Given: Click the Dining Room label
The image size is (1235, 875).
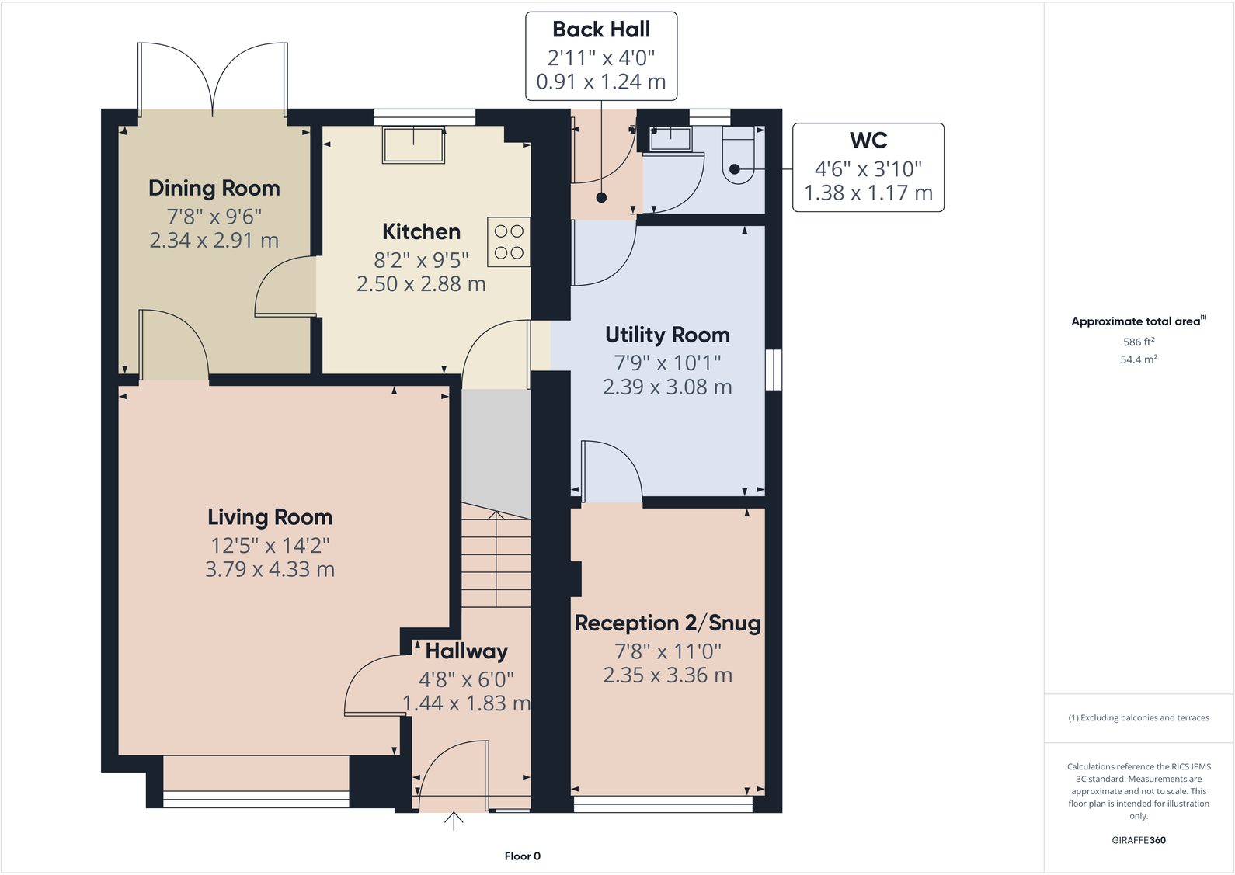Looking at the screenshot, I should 214,189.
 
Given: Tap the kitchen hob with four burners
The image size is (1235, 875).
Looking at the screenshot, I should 509,242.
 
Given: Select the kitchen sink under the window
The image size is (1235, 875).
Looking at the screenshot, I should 413,145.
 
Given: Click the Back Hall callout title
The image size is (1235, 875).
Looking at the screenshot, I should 601,30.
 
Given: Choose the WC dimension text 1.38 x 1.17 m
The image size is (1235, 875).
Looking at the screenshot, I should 868,193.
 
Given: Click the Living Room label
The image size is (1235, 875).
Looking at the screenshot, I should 270,517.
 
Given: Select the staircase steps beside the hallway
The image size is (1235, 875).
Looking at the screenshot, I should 496,559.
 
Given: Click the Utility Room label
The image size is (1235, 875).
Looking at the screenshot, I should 667,335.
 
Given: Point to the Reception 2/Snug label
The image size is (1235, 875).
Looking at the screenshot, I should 667,623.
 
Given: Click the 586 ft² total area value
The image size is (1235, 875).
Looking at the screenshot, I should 1138,342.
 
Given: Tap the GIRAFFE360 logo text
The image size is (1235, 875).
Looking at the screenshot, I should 1138,840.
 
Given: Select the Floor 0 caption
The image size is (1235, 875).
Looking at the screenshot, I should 522,856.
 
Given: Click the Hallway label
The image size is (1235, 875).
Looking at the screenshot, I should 466,651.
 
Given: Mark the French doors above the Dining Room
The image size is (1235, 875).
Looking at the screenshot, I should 213,78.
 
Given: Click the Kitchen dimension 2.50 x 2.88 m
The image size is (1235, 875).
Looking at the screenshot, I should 421,284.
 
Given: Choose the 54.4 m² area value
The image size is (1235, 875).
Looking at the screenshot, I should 1138,359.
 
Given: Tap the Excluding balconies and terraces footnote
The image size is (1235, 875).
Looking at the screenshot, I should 1138,718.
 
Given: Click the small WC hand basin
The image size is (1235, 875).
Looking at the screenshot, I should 670,139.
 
